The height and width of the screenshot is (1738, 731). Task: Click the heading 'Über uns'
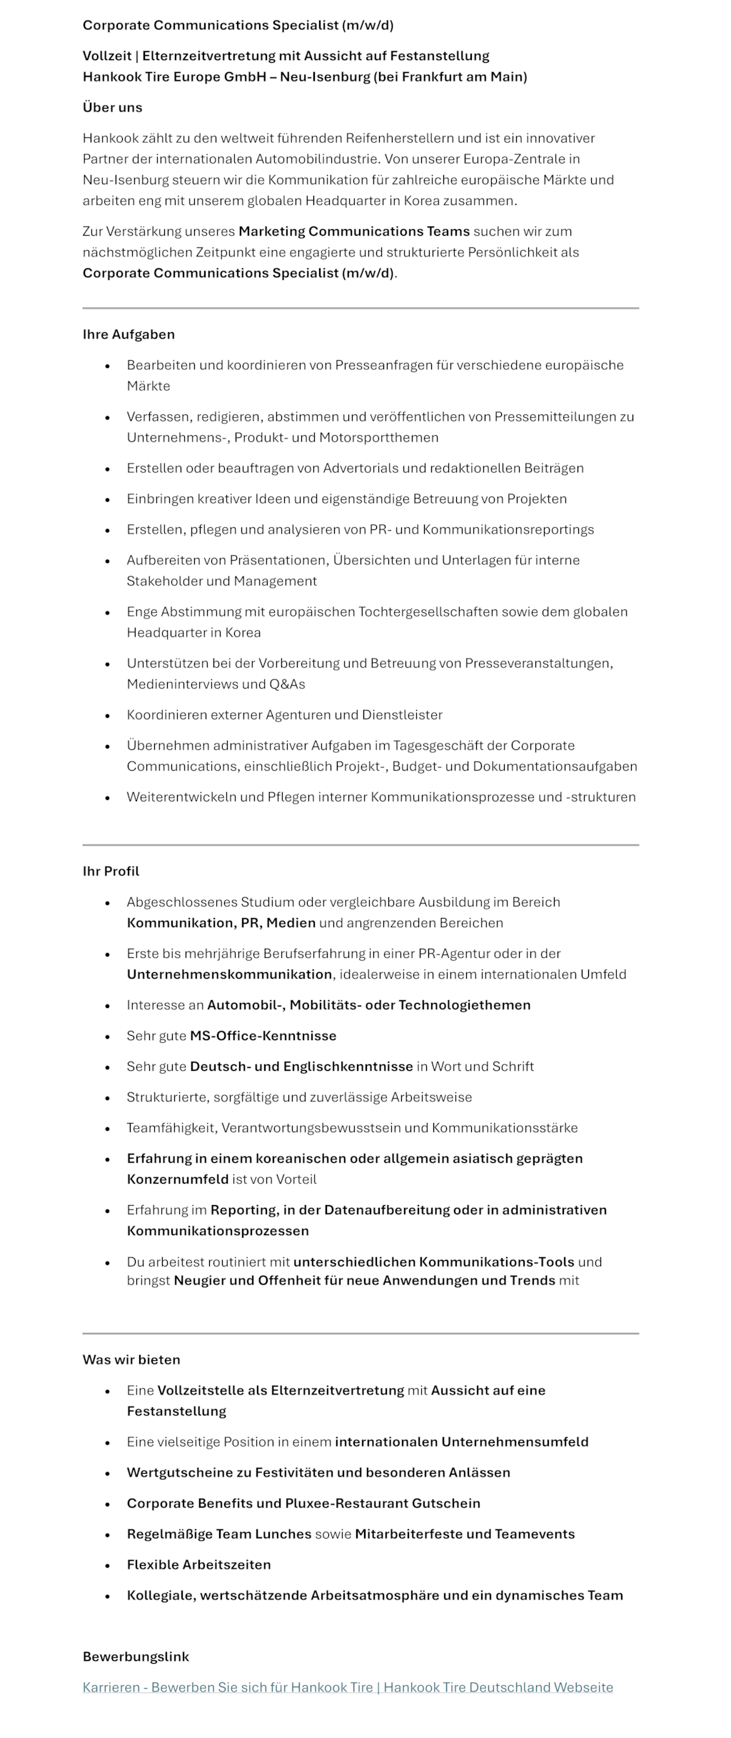pyautogui.click(x=112, y=107)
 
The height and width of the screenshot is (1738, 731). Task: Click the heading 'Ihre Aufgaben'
pyautogui.click(x=128, y=334)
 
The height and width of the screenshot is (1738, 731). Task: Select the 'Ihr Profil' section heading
pyautogui.click(x=111, y=871)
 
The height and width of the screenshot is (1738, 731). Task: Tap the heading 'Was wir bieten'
pyautogui.click(x=131, y=1359)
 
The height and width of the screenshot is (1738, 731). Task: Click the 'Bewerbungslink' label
pyautogui.click(x=136, y=1656)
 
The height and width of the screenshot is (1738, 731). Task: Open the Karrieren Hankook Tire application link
pyautogui.click(x=348, y=1687)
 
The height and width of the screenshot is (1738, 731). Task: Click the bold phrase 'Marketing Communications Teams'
pyautogui.click(x=354, y=231)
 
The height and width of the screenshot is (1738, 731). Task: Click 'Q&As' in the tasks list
pyautogui.click(x=287, y=684)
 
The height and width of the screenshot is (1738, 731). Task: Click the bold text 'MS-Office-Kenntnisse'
pyautogui.click(x=263, y=1035)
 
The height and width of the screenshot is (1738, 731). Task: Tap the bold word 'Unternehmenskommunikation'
pyautogui.click(x=229, y=974)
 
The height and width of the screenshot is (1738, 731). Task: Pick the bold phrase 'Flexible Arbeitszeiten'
pyautogui.click(x=198, y=1564)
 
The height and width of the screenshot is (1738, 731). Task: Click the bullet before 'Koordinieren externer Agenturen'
pyautogui.click(x=108, y=715)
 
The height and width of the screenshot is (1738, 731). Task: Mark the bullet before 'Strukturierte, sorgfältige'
pyautogui.click(x=108, y=1097)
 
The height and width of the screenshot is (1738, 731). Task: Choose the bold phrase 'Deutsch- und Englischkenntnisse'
pyautogui.click(x=301, y=1066)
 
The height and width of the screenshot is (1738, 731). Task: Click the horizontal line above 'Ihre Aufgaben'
pyautogui.click(x=361, y=308)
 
